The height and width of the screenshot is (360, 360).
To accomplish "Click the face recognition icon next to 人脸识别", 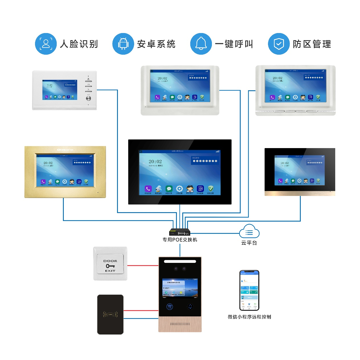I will tap(46, 44).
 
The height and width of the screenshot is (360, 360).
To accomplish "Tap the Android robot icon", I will tap(123, 44).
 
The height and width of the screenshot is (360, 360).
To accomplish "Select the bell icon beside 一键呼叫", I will tap(201, 44).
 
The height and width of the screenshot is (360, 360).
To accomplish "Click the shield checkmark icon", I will tap(279, 44).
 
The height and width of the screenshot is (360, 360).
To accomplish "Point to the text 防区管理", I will tap(312, 44).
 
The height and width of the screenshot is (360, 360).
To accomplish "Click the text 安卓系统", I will tap(156, 44).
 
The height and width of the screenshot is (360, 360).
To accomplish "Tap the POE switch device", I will tap(180, 232).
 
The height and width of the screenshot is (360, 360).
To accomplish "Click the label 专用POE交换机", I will tap(180, 240).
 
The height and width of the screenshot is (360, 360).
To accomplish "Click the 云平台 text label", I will tap(249, 243).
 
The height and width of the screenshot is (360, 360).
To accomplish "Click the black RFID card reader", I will tap(110, 314).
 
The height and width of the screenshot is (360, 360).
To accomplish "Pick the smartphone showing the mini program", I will tap(249, 290).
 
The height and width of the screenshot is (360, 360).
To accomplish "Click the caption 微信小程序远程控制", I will tap(249, 317).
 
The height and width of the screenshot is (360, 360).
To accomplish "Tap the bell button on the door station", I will tap(190, 307).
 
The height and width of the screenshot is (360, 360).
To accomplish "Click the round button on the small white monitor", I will tap(89, 99).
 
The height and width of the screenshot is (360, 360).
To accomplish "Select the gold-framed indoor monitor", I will tap(65, 172).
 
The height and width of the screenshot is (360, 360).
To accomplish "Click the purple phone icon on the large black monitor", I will tap(148, 189).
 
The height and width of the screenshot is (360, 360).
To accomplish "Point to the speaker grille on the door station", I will tap(180, 324).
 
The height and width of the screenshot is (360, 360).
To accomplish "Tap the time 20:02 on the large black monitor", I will tap(155, 161).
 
